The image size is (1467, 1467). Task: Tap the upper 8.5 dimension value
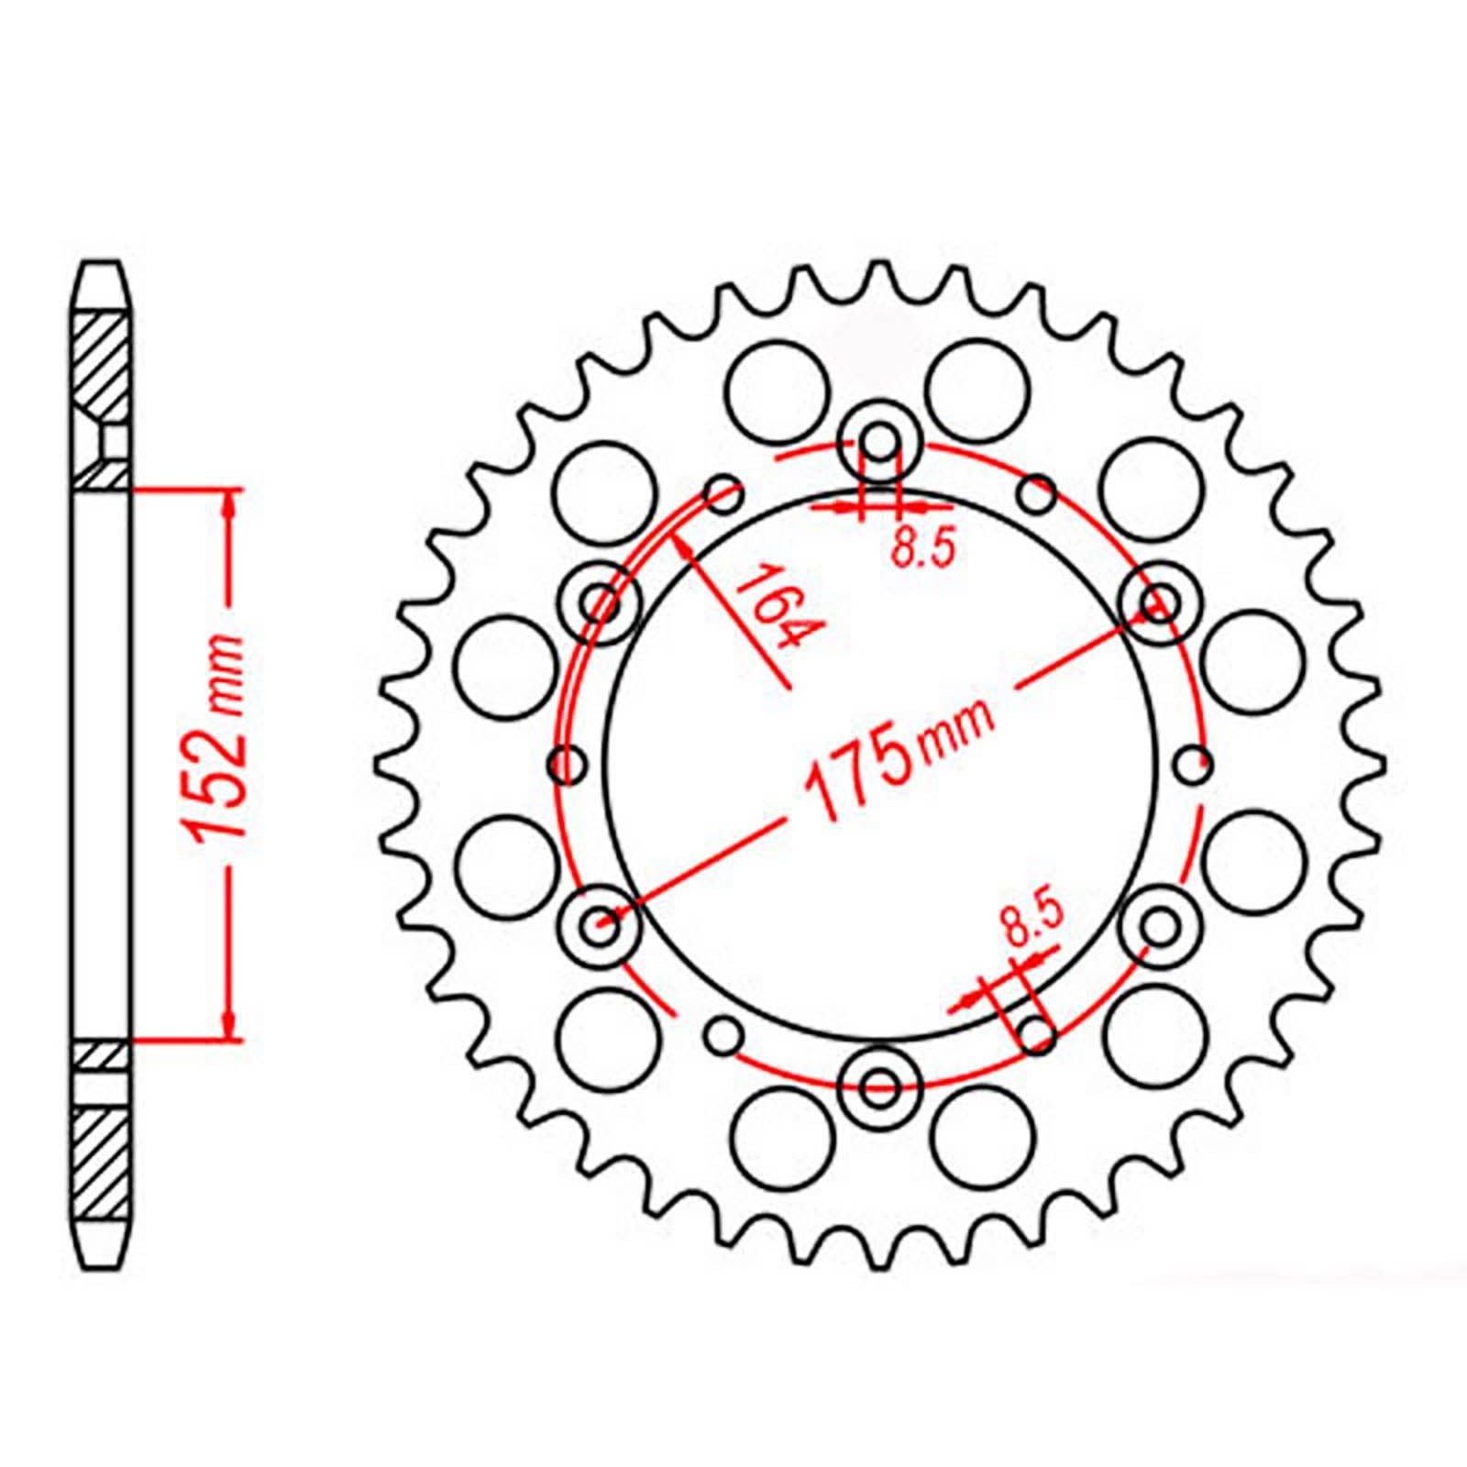coord(923,549)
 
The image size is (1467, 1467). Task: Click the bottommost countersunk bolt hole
coord(880,1086)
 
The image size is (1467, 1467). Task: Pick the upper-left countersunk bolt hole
coord(601,602)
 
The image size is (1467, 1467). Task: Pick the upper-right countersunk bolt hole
coord(1160,602)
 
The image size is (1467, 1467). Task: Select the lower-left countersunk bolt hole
coord(601,926)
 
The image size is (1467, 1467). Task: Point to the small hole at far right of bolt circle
coord(1192,763)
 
